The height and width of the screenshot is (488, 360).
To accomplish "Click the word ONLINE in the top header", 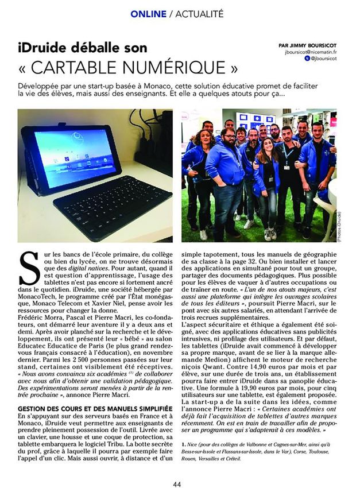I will tap(148, 13).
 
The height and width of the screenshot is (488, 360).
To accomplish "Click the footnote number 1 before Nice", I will tap(183, 444).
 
